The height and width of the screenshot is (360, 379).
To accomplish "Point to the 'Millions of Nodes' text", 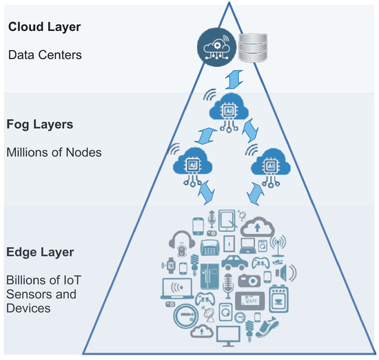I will coord(53,152).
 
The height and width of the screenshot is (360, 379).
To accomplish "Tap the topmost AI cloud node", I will coord(228,108).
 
